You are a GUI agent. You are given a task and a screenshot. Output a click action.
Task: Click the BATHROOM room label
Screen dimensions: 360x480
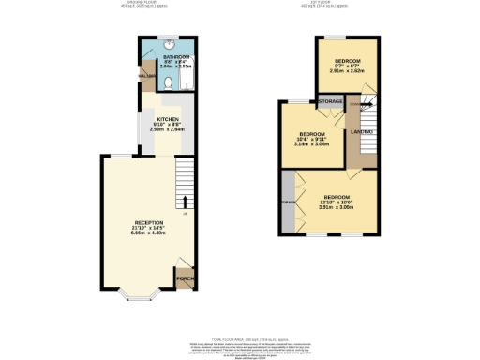coord(176,57)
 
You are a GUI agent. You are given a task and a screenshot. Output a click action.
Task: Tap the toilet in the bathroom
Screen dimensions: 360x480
coord(166,83)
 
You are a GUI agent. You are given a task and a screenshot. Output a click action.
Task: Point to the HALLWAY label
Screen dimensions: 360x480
coord(146,76)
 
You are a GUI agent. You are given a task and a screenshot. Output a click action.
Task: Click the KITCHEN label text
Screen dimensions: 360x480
coord(168,119)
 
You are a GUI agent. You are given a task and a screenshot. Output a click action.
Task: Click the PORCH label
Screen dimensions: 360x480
coord(186,279)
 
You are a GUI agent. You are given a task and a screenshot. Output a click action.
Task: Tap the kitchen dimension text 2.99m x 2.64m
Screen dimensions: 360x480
coord(168,129)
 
